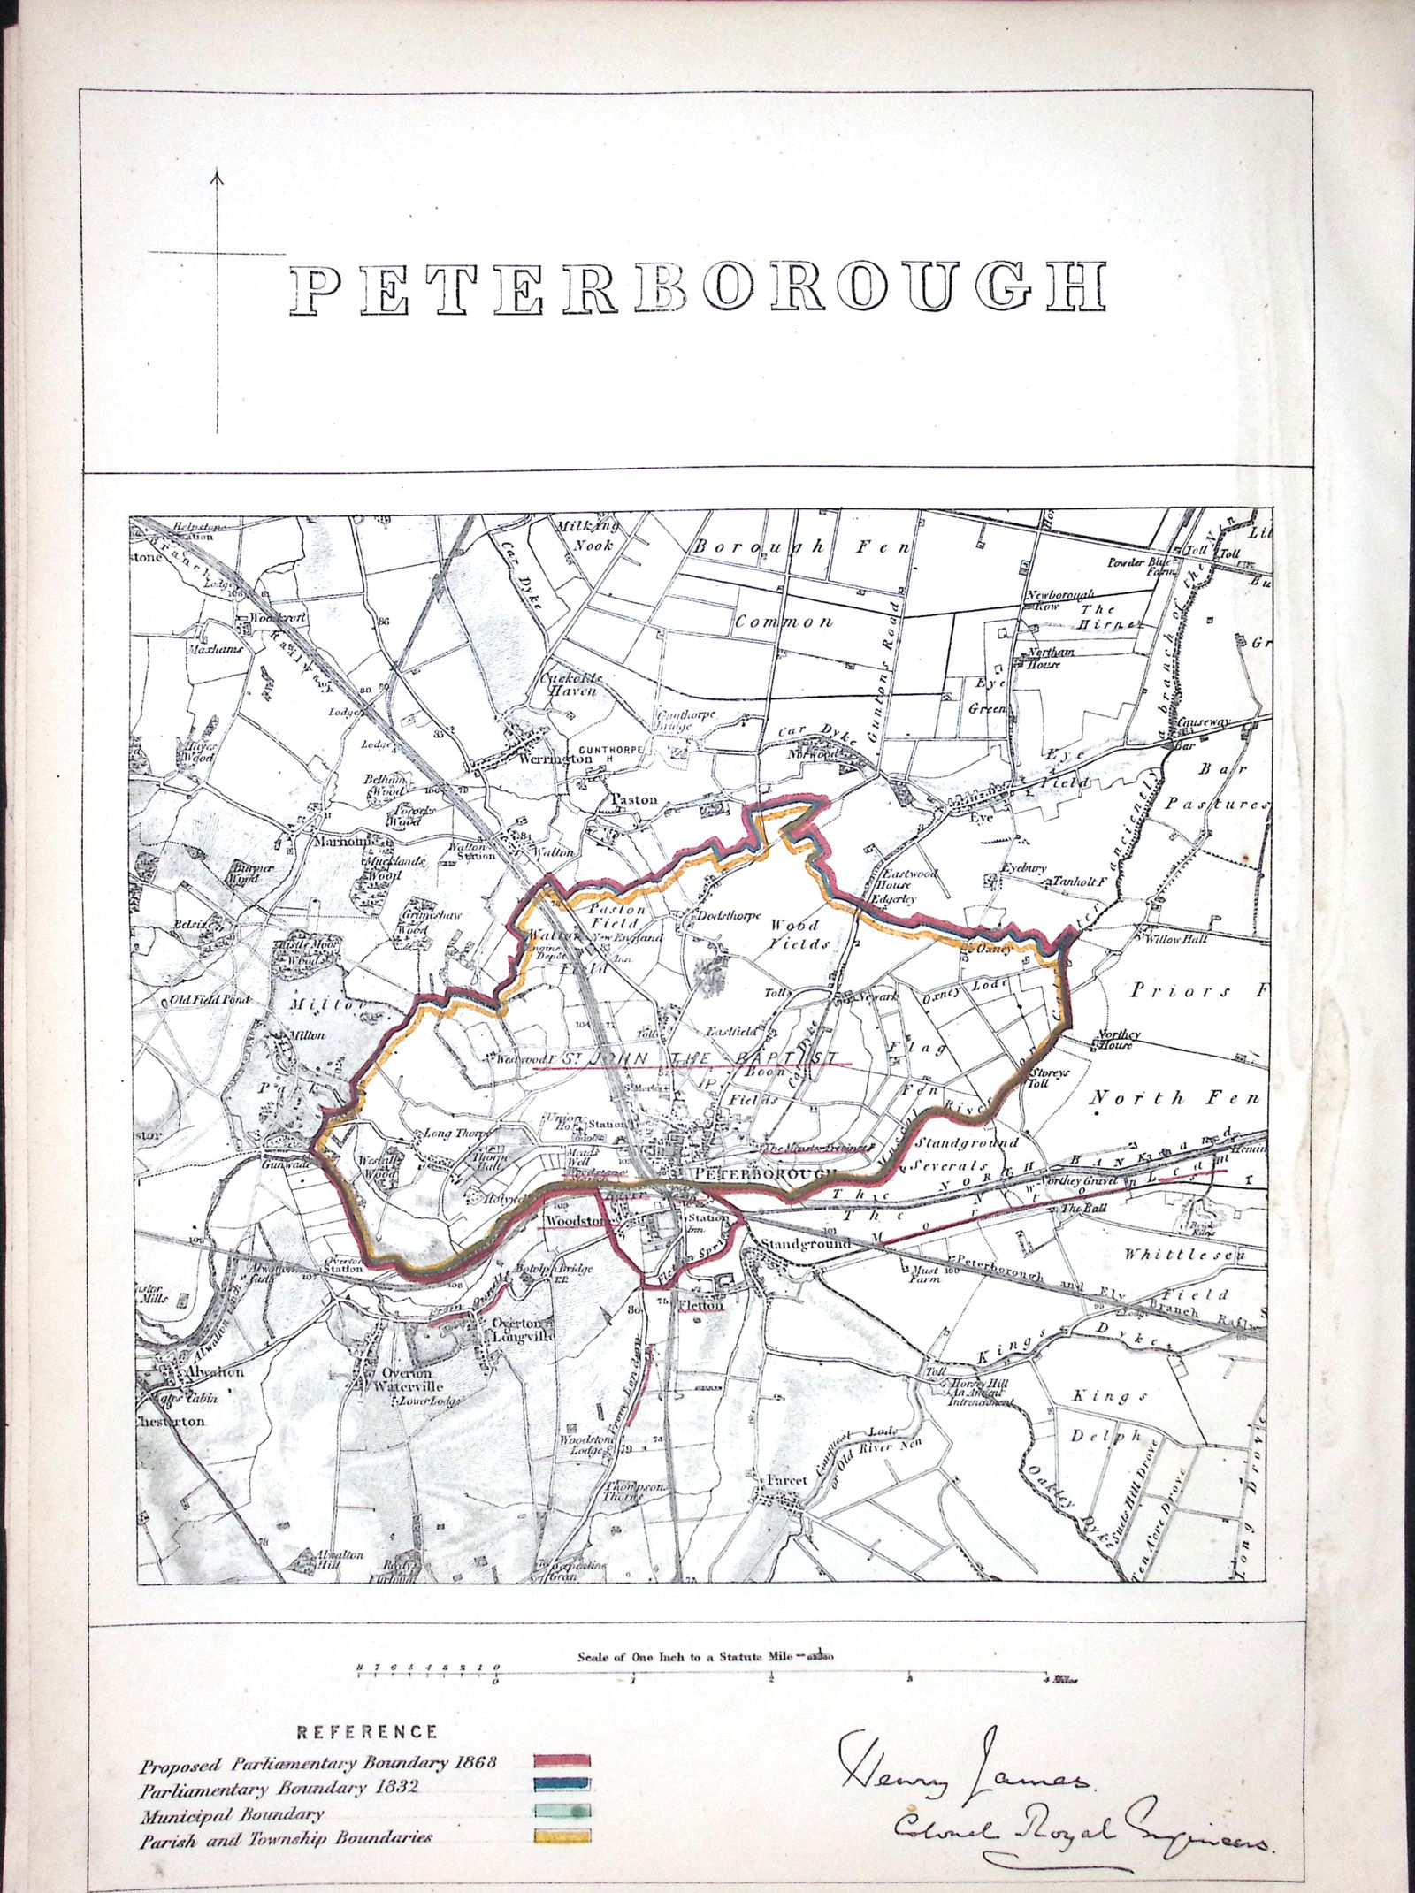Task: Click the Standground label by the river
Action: [x=806, y=1244]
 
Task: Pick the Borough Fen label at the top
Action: [x=801, y=547]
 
